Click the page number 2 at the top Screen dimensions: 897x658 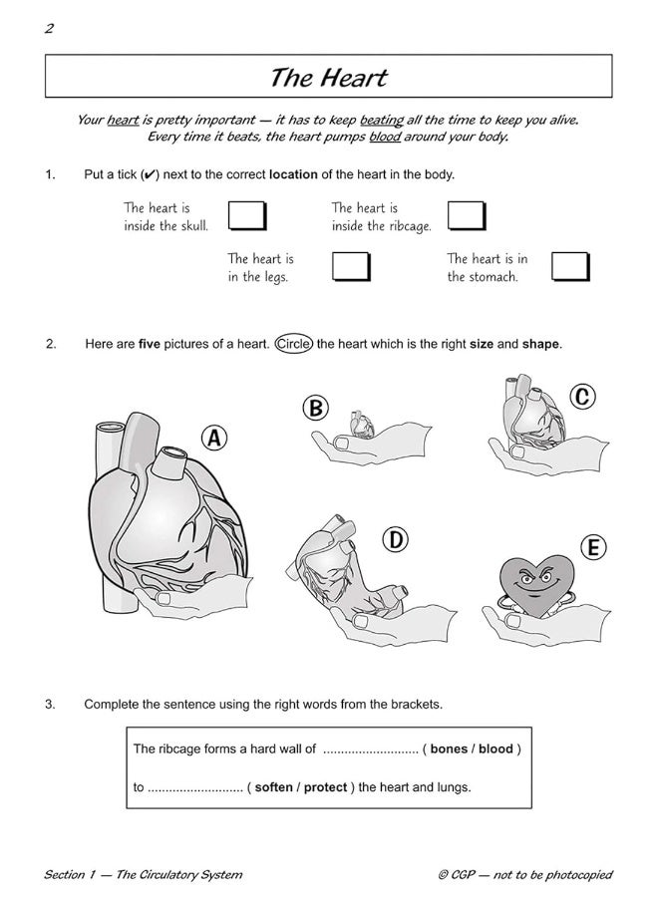tap(49, 28)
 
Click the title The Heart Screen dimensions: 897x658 tap(328, 77)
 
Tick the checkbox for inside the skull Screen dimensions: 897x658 tap(247, 216)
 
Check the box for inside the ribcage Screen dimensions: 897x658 tap(466, 216)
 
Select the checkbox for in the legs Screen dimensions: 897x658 tap(351, 266)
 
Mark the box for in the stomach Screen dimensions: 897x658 tap(571, 266)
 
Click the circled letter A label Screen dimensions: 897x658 tap(214, 438)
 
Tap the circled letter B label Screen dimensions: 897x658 tap(315, 408)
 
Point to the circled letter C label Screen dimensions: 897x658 tap(582, 397)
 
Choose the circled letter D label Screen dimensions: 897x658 tap(396, 539)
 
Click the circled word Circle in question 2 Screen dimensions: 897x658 tap(294, 344)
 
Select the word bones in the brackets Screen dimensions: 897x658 tap(449, 748)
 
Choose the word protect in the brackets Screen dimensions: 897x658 tap(325, 787)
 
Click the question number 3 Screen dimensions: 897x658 tap(50, 704)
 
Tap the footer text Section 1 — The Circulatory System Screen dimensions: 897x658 tap(143, 875)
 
